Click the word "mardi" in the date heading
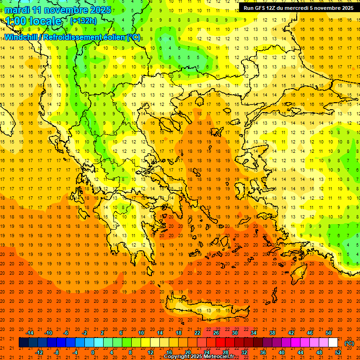pos(16,10)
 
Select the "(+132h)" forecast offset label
pos(83,21)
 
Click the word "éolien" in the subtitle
pos(115,37)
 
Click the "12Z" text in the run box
pos(273,8)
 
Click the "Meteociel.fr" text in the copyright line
pos(219,357)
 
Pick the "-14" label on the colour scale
pos(30,333)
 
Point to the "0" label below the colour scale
pos(93,352)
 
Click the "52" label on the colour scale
pos(338,352)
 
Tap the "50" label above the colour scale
pos(328,333)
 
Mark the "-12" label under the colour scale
pos(39,352)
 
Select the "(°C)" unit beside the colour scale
pos(349,343)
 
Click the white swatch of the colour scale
pos(333,343)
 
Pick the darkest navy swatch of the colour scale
pos(23,343)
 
